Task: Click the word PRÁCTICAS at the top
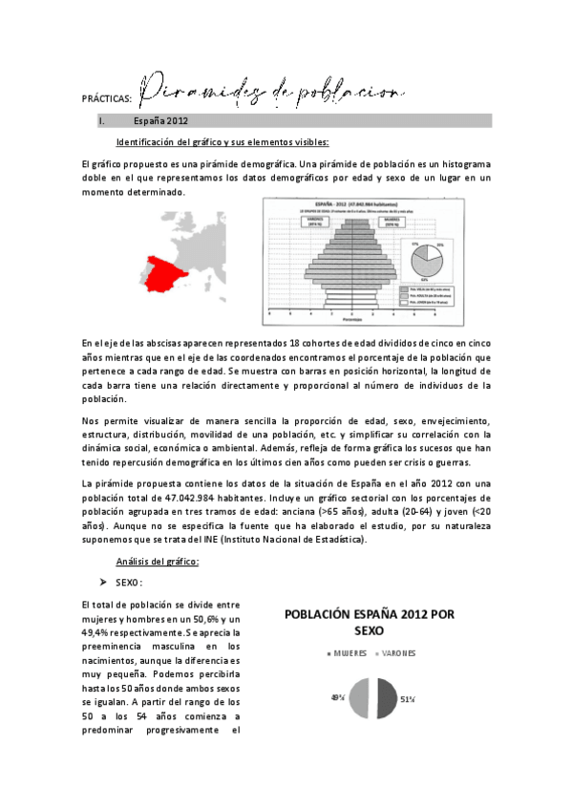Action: click(x=107, y=96)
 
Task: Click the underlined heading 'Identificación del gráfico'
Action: click(x=222, y=142)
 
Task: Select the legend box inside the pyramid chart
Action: click(x=434, y=294)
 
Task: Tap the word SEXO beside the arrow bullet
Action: click(x=129, y=582)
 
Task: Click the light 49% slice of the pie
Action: click(x=359, y=698)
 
